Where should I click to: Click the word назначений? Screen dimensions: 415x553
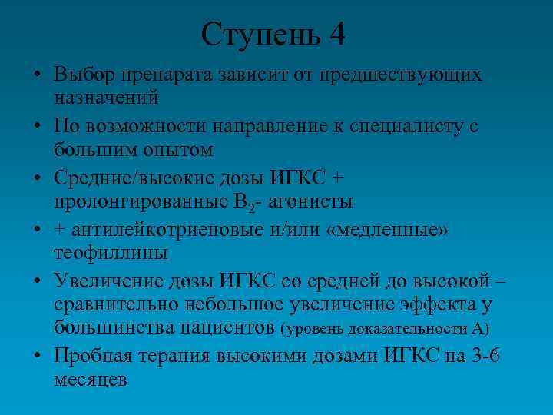pyautogui.click(x=106, y=97)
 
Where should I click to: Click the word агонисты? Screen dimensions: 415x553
pyautogui.click(x=316, y=201)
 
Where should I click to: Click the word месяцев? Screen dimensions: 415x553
pyautogui.click(x=90, y=379)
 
